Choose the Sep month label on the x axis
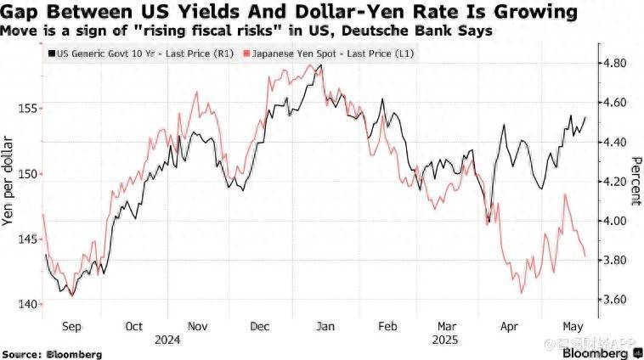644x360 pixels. tap(72, 325)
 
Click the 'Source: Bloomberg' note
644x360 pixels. tap(52, 353)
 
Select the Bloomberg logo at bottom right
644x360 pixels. tap(605, 351)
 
